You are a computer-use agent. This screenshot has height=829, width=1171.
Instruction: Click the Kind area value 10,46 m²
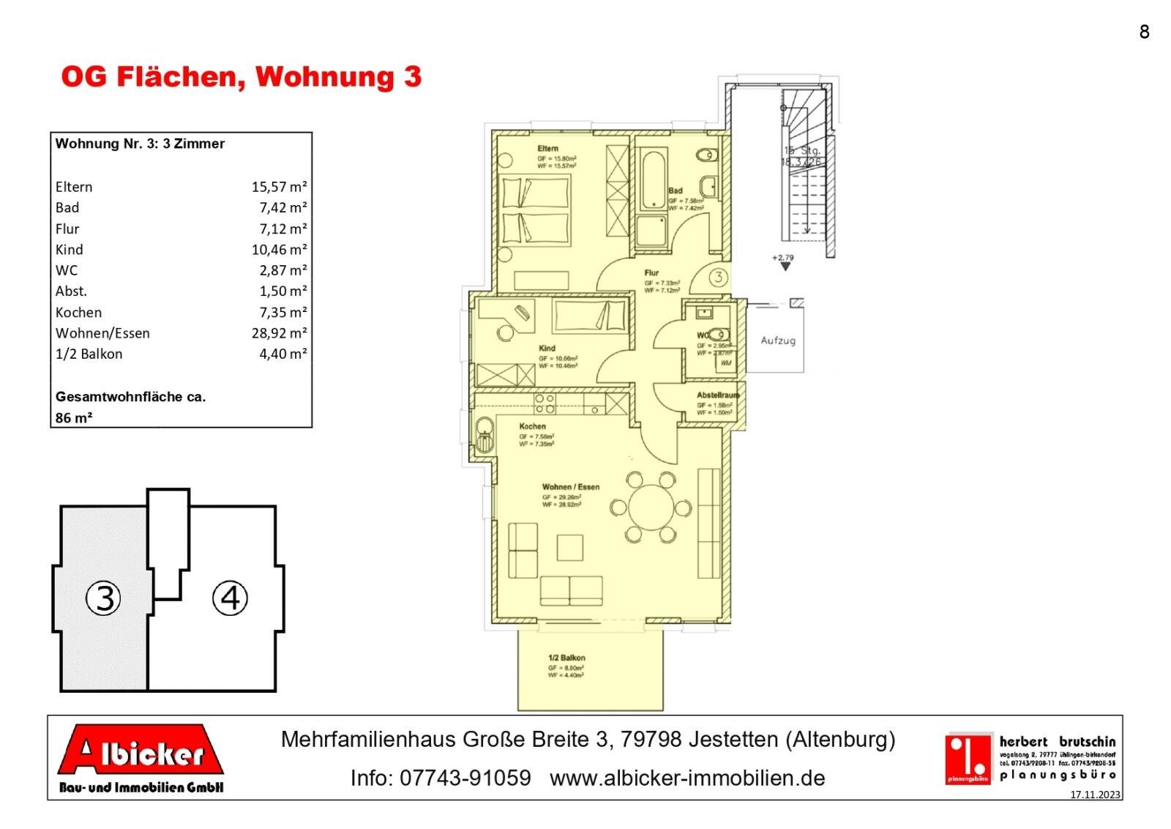click(x=279, y=250)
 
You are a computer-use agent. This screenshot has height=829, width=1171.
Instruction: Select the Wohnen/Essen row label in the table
click(x=102, y=333)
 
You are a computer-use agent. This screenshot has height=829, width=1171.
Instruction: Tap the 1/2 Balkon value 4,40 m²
click(x=283, y=354)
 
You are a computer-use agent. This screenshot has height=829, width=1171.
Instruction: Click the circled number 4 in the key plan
click(x=230, y=598)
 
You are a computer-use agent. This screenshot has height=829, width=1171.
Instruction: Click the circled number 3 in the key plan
click(x=104, y=598)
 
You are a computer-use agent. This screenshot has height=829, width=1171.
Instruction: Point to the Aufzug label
click(x=777, y=341)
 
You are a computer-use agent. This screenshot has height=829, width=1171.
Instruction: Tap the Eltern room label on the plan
click(x=547, y=149)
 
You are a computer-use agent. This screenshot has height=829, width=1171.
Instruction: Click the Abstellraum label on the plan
click(x=717, y=395)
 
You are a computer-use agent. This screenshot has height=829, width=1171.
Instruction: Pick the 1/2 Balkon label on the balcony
click(x=566, y=658)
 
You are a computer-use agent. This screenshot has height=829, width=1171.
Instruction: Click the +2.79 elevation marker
click(x=783, y=259)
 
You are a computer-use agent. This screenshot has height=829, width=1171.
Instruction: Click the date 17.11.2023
click(x=1095, y=795)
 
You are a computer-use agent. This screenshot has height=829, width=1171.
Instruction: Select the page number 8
click(x=1144, y=31)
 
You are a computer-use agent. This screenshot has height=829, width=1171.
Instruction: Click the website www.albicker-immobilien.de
click(x=686, y=778)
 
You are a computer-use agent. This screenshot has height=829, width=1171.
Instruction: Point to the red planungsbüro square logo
click(x=968, y=759)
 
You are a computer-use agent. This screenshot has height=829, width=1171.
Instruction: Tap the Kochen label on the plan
click(x=532, y=426)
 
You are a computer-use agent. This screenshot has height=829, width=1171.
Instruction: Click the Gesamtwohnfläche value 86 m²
click(x=74, y=418)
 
